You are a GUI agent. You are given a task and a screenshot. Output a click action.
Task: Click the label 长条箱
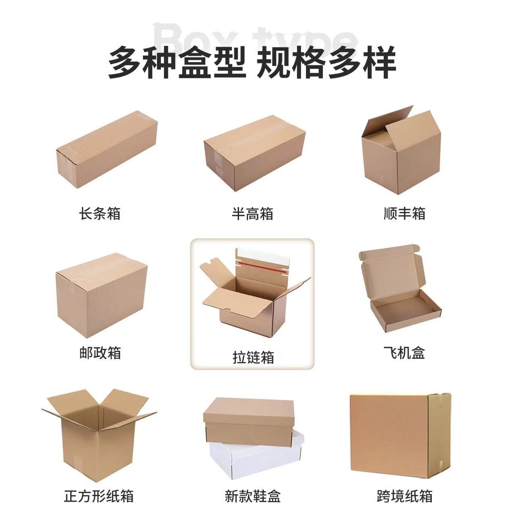pos(100,213)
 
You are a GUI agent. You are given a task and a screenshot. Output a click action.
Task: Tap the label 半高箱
pos(252,213)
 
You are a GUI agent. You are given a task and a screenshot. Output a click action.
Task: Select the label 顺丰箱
pos(404,213)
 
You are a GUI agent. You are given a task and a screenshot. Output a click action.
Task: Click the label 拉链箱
pos(253,357)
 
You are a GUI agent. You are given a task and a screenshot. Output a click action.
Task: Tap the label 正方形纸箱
pos(99,496)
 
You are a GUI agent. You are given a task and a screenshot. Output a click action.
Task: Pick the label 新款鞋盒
pos(252,496)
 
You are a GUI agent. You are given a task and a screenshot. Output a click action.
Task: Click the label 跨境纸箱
pos(405,496)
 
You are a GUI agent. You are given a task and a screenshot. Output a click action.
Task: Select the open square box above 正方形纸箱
pos(97,435)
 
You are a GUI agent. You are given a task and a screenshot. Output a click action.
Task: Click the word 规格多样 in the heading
pos(327,62)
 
